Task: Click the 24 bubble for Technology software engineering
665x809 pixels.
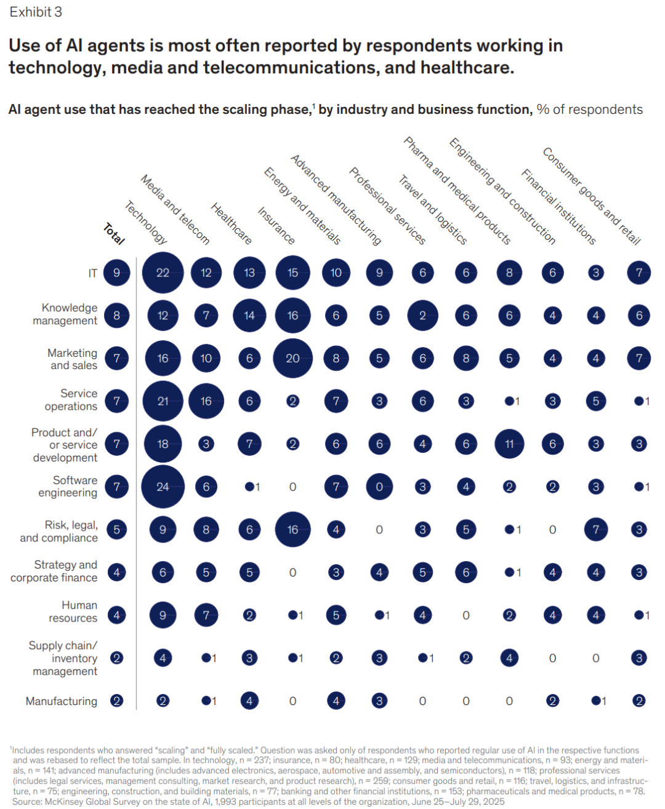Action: point(163,487)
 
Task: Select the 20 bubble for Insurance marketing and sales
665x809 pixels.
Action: point(292,358)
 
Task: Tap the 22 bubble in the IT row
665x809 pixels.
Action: point(163,273)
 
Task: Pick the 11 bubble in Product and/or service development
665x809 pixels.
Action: point(509,444)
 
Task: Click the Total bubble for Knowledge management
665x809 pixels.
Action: point(117,316)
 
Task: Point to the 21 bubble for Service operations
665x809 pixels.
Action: point(163,401)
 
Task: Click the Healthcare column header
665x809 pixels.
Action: point(231,224)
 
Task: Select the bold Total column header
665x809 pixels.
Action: point(114,234)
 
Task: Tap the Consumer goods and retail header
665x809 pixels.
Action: point(591,196)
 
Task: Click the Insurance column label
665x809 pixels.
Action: point(276,226)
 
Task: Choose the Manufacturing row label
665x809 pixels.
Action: point(62,701)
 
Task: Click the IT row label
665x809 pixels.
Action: point(93,273)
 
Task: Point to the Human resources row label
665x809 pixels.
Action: point(73,612)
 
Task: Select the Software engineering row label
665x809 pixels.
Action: point(68,487)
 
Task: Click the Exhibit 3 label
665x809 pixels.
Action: point(36,12)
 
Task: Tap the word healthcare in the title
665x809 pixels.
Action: point(467,68)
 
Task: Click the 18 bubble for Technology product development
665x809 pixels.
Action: point(163,444)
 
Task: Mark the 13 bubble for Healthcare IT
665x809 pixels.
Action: point(249,273)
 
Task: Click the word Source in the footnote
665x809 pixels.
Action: point(26,802)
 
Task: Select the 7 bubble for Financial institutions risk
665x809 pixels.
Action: point(596,529)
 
